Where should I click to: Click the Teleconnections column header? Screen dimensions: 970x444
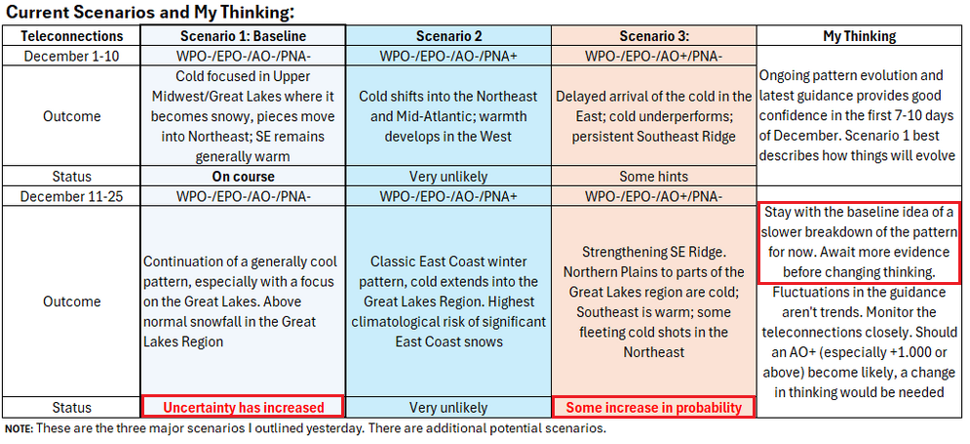click(x=71, y=36)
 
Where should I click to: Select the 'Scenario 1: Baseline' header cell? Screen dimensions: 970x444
click(x=243, y=36)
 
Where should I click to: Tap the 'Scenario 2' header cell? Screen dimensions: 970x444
click(x=448, y=36)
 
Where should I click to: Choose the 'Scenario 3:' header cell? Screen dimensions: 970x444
click(x=654, y=36)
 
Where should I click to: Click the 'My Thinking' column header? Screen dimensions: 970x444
click(x=859, y=36)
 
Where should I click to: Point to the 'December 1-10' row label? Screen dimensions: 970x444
click(x=71, y=56)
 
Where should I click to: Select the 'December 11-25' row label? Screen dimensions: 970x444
click(x=71, y=196)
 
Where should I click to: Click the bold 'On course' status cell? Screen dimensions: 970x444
click(x=243, y=177)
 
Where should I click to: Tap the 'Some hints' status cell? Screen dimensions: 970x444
click(x=654, y=177)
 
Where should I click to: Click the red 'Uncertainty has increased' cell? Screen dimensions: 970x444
click(x=243, y=407)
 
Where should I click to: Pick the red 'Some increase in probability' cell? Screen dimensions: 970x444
click(x=654, y=407)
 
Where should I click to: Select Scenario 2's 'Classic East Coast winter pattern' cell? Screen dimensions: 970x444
click(x=448, y=302)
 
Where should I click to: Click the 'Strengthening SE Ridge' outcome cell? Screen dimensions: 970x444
click(x=654, y=302)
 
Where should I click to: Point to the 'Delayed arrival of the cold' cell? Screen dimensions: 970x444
click(x=654, y=116)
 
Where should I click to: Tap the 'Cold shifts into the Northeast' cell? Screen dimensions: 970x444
click(x=448, y=116)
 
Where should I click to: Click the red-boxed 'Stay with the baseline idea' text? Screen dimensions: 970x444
click(x=859, y=242)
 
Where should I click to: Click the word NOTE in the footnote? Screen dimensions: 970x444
click(x=19, y=428)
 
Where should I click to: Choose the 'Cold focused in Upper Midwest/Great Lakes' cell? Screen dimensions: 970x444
click(x=243, y=116)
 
